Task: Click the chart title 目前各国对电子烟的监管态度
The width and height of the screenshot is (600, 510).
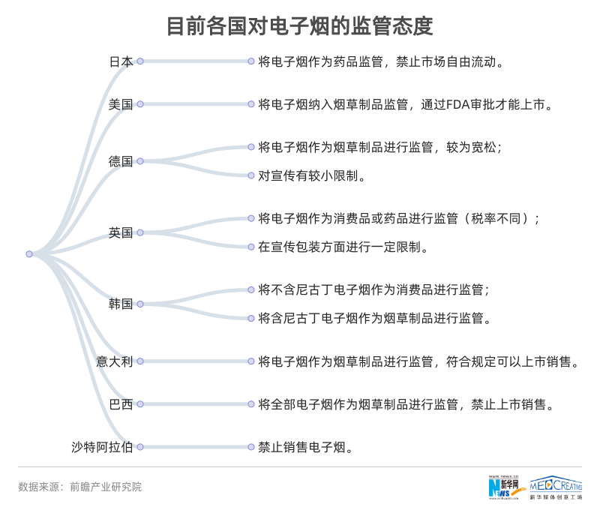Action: tap(299, 27)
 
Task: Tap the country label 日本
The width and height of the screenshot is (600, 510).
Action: tap(121, 61)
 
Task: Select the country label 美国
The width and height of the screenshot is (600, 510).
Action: tap(121, 104)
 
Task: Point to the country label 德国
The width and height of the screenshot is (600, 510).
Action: tap(121, 161)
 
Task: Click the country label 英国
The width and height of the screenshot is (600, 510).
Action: tap(121, 233)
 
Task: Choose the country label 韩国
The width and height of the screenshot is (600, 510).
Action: tap(121, 304)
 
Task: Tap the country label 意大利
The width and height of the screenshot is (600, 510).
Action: tap(115, 361)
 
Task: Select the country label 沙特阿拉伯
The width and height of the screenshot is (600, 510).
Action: tap(103, 447)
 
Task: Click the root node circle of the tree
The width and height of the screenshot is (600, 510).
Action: tap(29, 254)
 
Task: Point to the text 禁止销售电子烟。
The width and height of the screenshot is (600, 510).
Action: tap(305, 448)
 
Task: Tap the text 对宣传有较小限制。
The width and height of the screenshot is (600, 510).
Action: tap(312, 176)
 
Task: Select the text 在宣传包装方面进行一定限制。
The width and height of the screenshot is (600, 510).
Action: tap(343, 247)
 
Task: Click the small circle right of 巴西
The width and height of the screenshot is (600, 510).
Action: tap(139, 404)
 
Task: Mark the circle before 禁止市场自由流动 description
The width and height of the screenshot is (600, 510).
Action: tap(251, 61)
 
